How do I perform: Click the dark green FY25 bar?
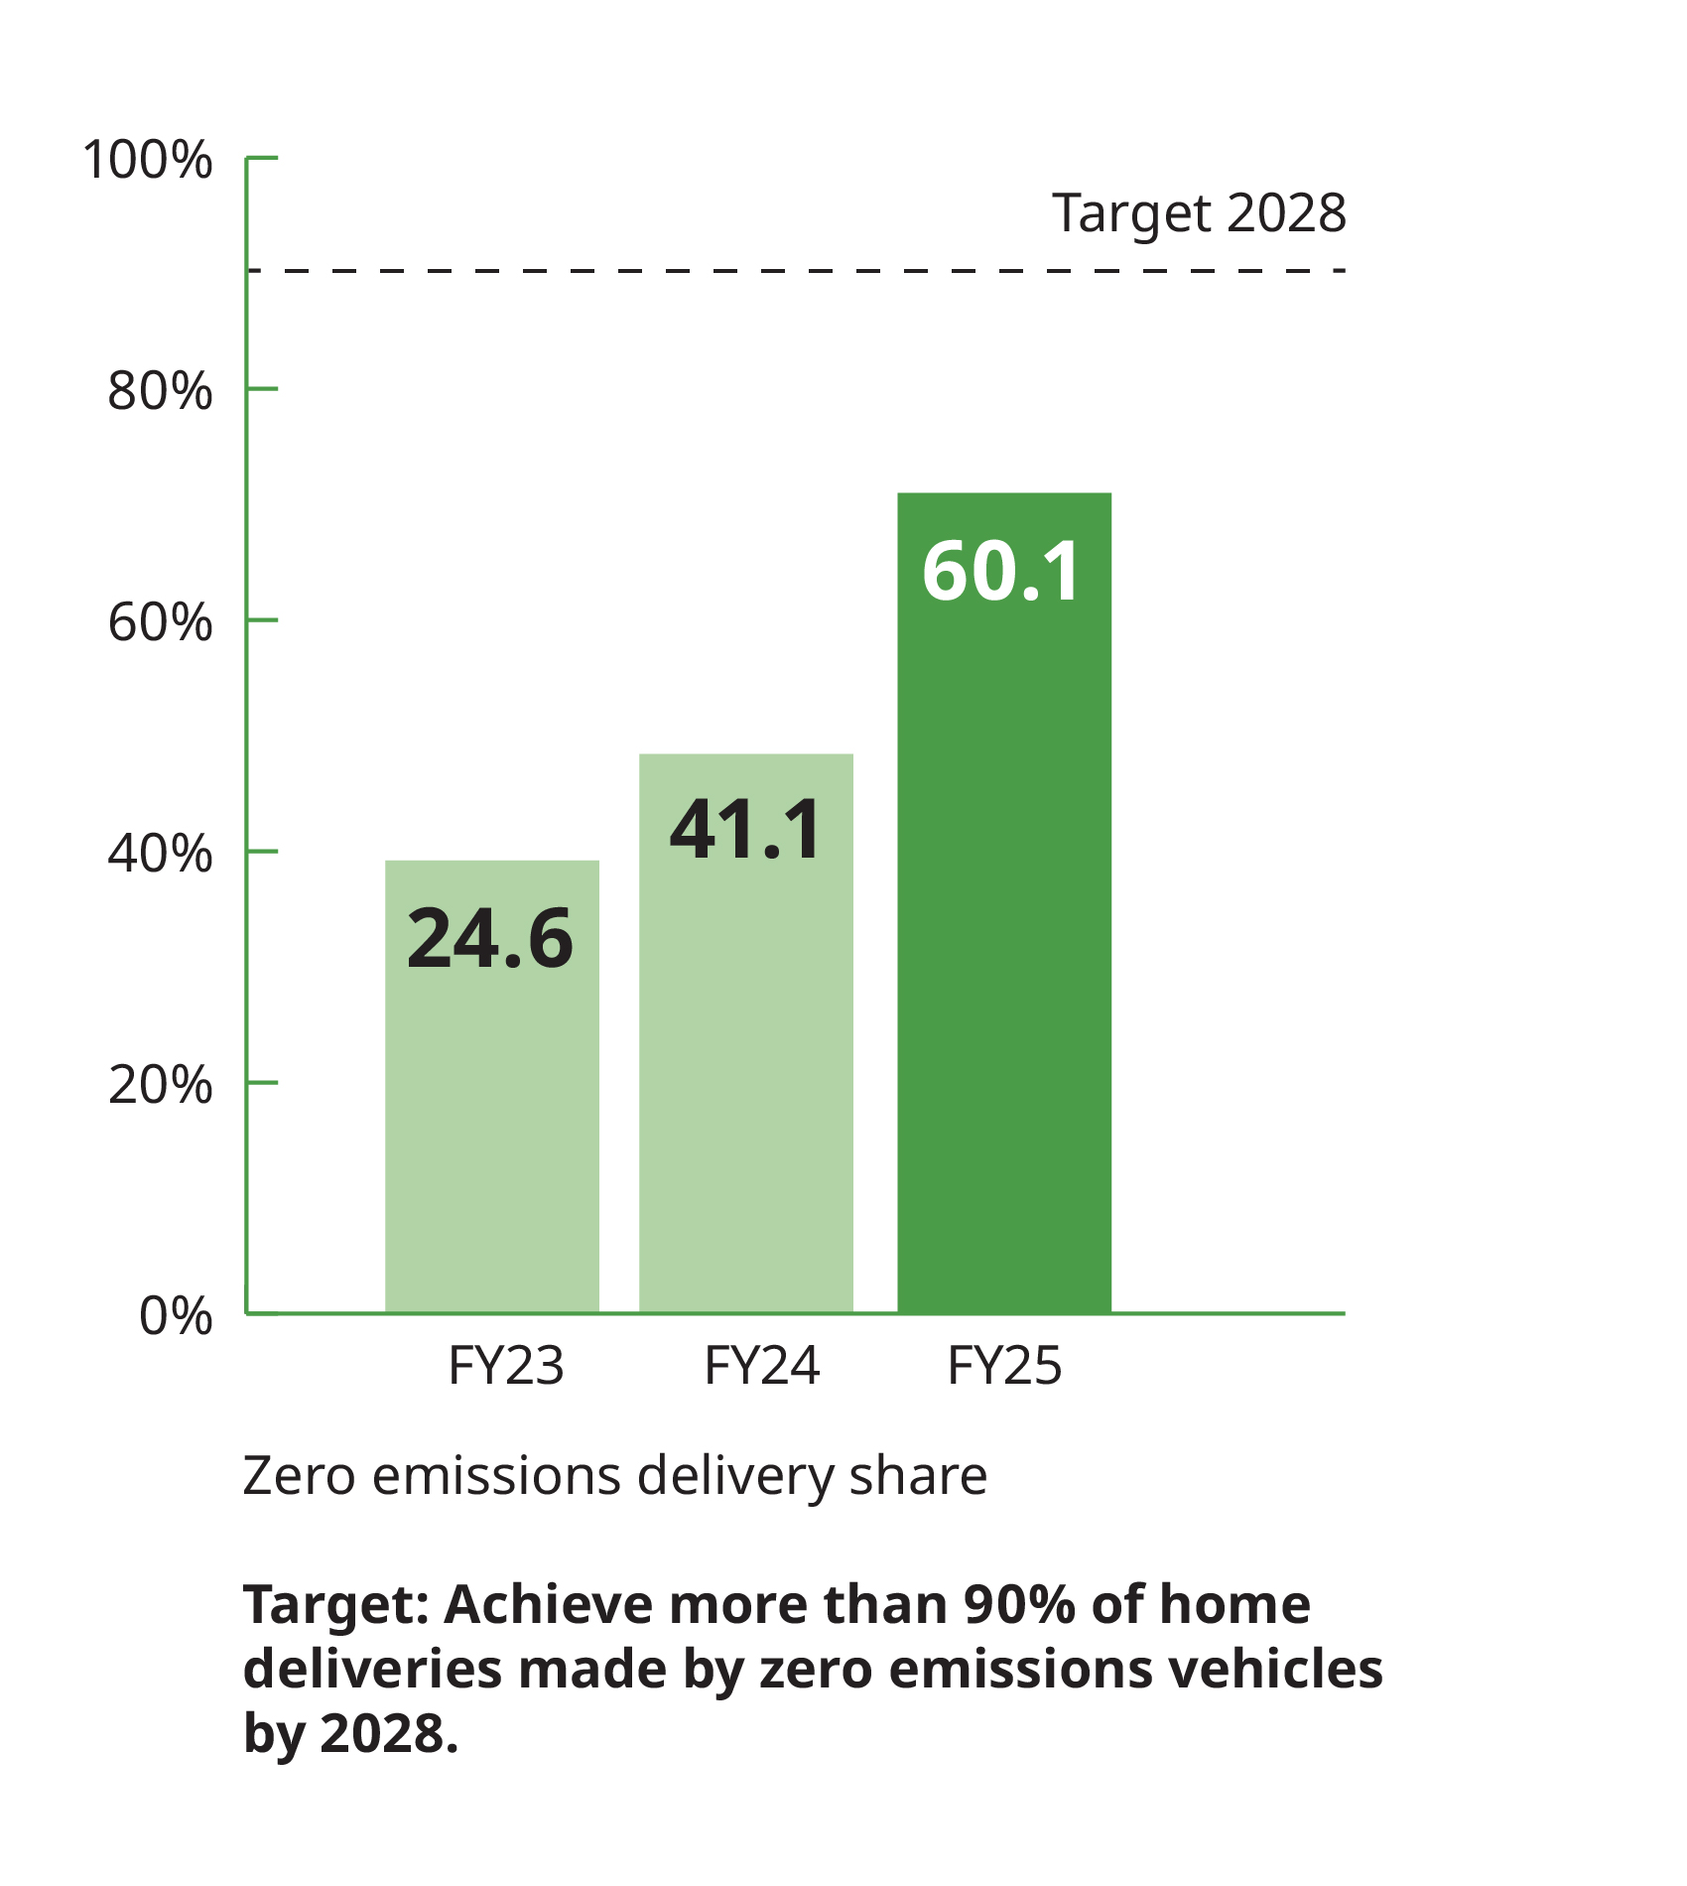pos(1004,943)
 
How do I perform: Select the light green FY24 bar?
pos(746,1072)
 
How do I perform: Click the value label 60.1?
pos(1001,572)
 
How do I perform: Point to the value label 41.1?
pos(746,830)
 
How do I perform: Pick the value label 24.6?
pos(490,939)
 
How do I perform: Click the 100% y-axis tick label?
pos(148,160)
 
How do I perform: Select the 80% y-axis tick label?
pos(160,391)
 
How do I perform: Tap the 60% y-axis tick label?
pos(160,622)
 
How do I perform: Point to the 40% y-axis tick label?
pos(160,854)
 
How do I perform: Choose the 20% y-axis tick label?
pos(160,1085)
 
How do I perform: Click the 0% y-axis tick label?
pos(176,1316)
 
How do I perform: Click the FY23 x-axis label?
pos(506,1366)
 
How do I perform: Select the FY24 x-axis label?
pos(762,1366)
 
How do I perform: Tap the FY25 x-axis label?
pos(1004,1366)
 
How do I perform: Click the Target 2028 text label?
pos(1199,212)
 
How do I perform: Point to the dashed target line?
pos(794,270)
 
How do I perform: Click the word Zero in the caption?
pos(300,1476)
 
